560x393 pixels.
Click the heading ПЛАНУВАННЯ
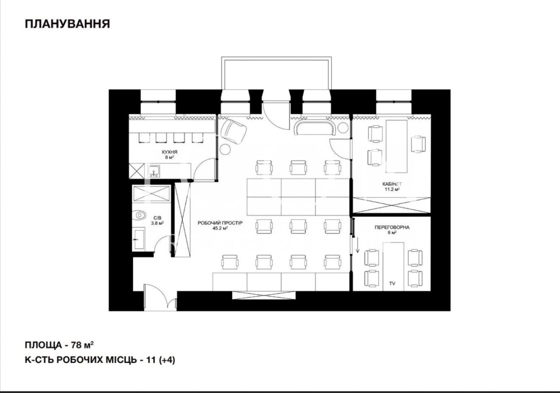[x=67, y=24]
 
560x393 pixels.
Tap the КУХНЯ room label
[x=170, y=152]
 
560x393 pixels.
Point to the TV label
[x=392, y=284]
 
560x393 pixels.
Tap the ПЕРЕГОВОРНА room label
[x=392, y=227]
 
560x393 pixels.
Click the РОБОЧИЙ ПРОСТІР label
[x=220, y=223]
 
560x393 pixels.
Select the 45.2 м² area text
[x=220, y=228]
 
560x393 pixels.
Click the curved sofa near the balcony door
[x=315, y=128]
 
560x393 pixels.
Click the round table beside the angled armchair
[x=225, y=149]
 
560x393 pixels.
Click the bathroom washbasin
[x=139, y=239]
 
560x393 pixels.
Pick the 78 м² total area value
[x=82, y=345]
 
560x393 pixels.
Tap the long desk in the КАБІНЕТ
[x=397, y=146]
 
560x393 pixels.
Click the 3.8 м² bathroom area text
[x=157, y=223]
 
